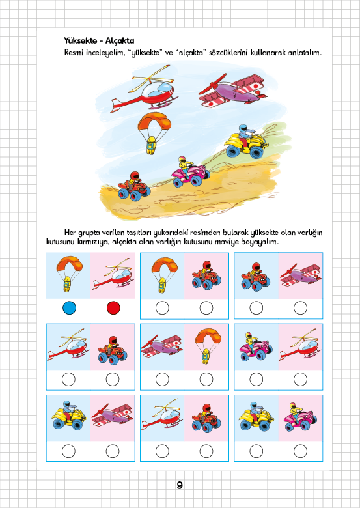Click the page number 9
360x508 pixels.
180,485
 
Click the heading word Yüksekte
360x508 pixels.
80,41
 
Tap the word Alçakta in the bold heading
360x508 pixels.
120,41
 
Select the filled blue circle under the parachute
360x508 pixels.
69,308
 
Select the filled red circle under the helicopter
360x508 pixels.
113,308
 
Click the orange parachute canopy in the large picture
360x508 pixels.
154,122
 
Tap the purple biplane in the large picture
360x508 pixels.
233,91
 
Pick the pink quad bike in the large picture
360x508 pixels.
191,173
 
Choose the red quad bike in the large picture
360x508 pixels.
133,188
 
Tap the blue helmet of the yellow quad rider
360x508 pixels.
243,128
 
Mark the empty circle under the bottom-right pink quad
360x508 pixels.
300,451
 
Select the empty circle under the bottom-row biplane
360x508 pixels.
113,451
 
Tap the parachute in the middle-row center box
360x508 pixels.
208,346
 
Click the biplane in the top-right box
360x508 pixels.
301,275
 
